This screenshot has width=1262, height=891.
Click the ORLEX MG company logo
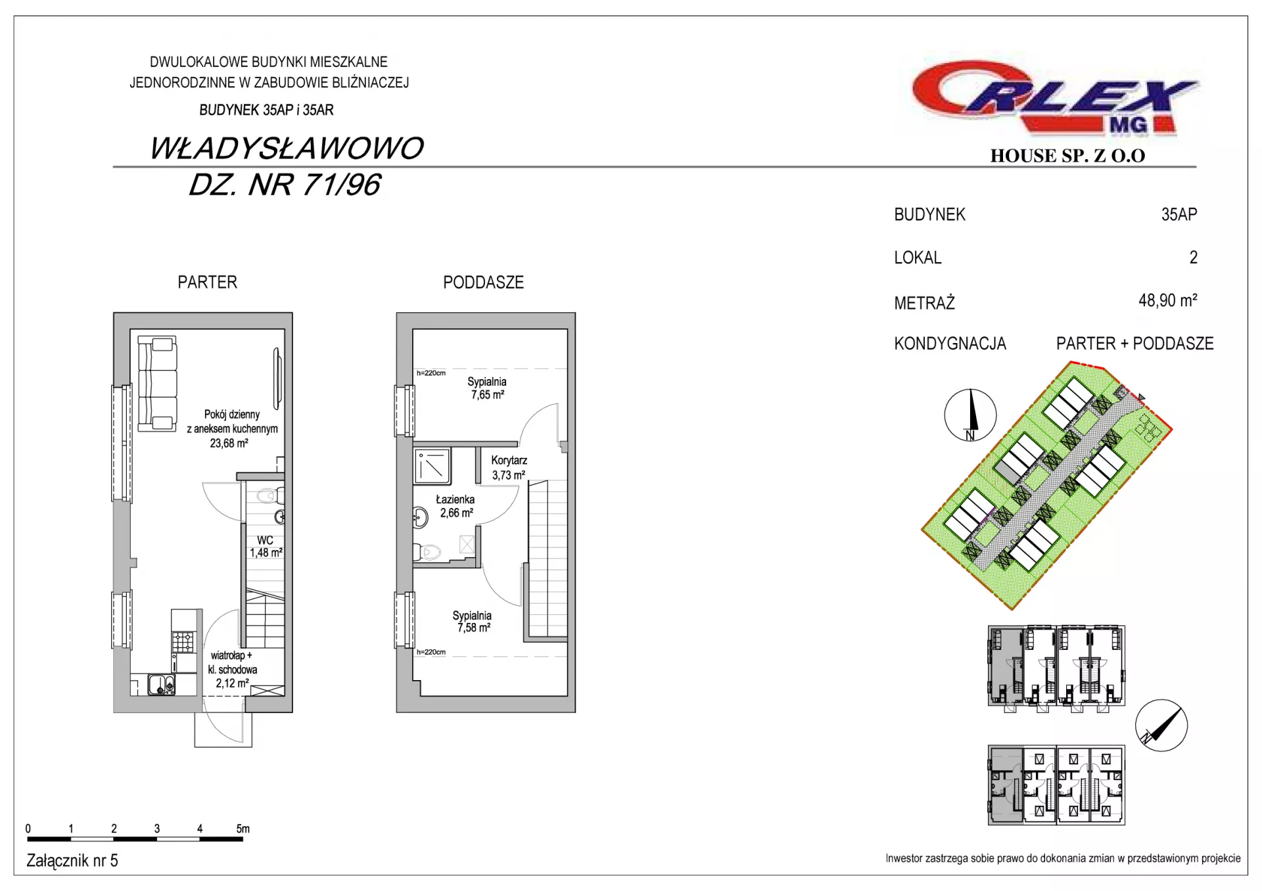1056,99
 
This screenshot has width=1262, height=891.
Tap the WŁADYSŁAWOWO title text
287,148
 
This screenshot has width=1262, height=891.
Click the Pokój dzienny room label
232,414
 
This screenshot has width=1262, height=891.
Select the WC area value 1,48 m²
266,553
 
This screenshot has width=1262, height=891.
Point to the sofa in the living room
157,384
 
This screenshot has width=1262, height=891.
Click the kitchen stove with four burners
183,641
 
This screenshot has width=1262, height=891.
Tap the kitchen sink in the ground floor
162,685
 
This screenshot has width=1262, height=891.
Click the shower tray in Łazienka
432,466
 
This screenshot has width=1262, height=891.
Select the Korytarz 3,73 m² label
509,468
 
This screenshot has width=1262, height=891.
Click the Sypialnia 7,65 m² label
487,388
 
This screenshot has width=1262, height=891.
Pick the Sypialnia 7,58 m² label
472,622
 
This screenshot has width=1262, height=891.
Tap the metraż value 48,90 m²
1168,301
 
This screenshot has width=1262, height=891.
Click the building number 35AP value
1179,214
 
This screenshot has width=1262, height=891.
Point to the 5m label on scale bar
243,829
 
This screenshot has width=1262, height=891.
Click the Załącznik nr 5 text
72,861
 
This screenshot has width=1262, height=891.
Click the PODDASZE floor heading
483,283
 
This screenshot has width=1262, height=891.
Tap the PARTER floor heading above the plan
207,283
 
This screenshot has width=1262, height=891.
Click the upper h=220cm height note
431,373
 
